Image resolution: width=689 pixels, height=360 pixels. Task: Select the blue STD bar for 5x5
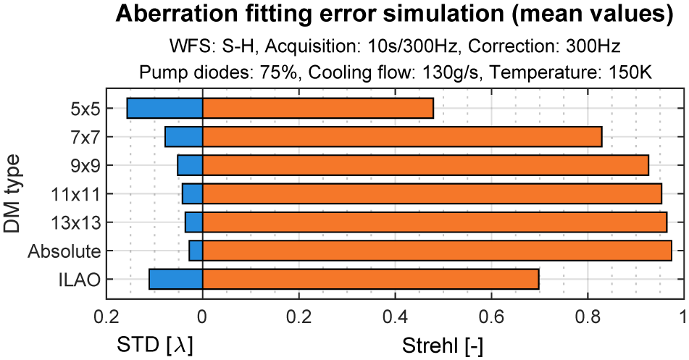pyautogui.click(x=164, y=108)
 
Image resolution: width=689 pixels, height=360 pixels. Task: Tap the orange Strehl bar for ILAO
pyautogui.click(x=370, y=279)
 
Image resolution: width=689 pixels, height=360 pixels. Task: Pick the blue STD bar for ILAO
pyautogui.click(x=175, y=279)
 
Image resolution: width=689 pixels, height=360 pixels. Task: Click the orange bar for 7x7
pyautogui.click(x=402, y=136)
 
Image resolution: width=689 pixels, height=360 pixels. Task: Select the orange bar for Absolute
pyautogui.click(x=437, y=251)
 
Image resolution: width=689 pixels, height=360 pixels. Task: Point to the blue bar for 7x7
pyautogui.click(x=183, y=136)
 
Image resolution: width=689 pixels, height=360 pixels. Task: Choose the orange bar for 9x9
pyautogui.click(x=425, y=165)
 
